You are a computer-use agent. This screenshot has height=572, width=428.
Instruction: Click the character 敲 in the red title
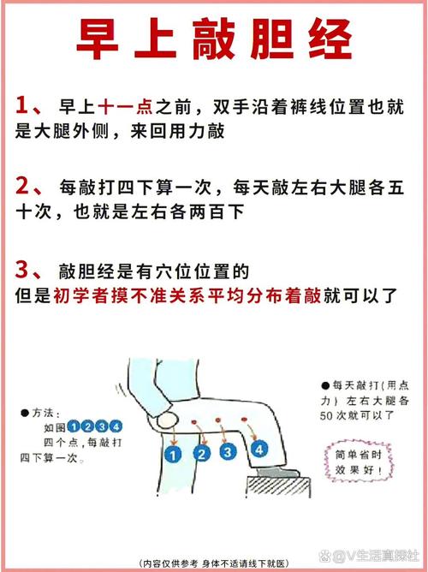click(x=213, y=39)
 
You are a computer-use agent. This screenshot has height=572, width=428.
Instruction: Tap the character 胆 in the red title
click(x=271, y=39)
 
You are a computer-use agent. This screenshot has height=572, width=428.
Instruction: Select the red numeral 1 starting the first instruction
click(x=22, y=106)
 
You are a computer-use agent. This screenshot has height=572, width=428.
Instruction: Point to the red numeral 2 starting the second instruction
click(x=22, y=186)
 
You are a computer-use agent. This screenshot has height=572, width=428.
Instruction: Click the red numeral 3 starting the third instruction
click(x=22, y=270)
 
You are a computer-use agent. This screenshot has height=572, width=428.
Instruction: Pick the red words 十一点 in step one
click(x=125, y=107)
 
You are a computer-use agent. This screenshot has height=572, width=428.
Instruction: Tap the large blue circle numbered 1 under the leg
click(x=173, y=455)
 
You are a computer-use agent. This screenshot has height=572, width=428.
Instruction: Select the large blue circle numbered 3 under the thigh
click(x=228, y=452)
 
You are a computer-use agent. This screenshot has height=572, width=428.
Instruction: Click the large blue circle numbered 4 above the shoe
click(x=259, y=449)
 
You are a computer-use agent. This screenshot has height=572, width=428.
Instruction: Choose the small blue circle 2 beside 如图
click(x=88, y=426)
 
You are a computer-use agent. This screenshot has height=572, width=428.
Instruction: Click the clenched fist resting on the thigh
click(x=167, y=420)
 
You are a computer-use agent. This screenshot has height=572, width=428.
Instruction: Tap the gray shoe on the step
click(x=278, y=474)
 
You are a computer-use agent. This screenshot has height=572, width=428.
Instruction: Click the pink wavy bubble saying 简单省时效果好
click(x=359, y=462)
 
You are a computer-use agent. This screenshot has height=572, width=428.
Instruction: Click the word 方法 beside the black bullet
click(x=43, y=413)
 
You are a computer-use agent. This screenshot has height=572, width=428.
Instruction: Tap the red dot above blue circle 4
click(x=244, y=420)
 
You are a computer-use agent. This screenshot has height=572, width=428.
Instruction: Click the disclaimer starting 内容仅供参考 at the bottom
click(x=214, y=563)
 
